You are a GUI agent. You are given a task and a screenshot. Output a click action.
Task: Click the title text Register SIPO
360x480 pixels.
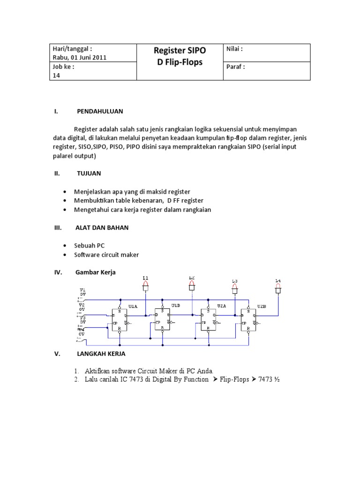pyautogui.click(x=180, y=51)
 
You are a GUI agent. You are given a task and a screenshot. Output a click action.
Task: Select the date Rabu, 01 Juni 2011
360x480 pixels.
pyautogui.click(x=80, y=58)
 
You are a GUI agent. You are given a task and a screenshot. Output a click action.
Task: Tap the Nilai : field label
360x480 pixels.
pyautogui.click(x=234, y=49)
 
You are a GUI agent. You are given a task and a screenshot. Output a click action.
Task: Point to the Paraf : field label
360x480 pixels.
pyautogui.click(x=235, y=67)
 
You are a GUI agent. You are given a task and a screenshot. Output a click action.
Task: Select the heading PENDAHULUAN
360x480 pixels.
pyautogui.click(x=100, y=111)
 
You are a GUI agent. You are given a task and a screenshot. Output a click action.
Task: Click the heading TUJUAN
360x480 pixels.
pyautogui.click(x=89, y=173)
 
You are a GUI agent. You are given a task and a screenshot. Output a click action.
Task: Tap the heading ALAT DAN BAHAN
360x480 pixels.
pyautogui.click(x=102, y=227)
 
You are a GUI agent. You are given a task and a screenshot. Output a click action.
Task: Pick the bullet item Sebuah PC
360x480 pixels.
pyautogui.click(x=89, y=246)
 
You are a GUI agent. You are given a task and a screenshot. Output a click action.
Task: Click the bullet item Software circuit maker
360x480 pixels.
pyautogui.click(x=106, y=255)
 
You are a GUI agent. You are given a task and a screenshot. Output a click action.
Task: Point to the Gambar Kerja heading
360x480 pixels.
pyautogui.click(x=95, y=272)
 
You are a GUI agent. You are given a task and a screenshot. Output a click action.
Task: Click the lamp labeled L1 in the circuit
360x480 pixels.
pyautogui.click(x=146, y=285)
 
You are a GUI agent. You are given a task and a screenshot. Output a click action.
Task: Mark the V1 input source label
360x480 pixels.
pyautogui.click(x=82, y=290)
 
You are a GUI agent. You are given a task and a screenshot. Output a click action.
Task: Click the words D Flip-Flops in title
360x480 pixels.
pyautogui.click(x=180, y=62)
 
